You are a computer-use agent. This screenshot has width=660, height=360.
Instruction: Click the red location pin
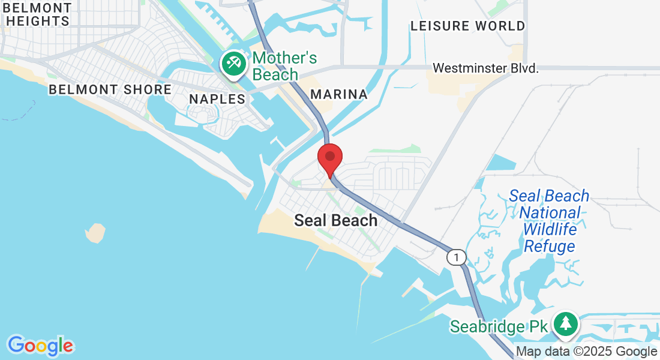pyautogui.click(x=329, y=158)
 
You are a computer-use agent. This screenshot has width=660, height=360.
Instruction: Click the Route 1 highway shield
pyautogui.click(x=456, y=257)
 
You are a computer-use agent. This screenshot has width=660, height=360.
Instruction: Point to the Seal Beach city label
pyautogui.click(x=335, y=221)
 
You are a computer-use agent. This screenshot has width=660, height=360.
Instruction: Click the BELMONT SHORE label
pyautogui.click(x=110, y=90)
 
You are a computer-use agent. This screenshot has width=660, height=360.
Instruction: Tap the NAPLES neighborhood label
pyautogui.click(x=217, y=99)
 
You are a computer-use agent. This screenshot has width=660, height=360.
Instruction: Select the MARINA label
pyautogui.click(x=339, y=94)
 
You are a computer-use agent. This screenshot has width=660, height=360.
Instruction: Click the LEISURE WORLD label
pyautogui.click(x=467, y=26)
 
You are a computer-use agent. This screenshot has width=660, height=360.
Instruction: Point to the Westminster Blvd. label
pyautogui.click(x=485, y=68)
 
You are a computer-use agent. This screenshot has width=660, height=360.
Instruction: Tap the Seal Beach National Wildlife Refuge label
pyautogui.click(x=549, y=221)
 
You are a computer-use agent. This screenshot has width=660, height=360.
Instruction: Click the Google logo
pyautogui.click(x=40, y=346)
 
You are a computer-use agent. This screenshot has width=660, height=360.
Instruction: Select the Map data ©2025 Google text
pyautogui.click(x=586, y=352)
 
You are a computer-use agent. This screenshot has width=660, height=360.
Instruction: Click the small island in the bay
pyautogui.click(x=95, y=233)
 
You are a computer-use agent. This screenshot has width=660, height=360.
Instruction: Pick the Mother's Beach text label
pyautogui.click(x=284, y=66)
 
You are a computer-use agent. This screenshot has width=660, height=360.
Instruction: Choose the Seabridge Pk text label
pyautogui.click(x=499, y=326)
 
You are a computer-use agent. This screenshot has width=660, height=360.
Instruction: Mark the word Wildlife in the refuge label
pyautogui.click(x=550, y=229)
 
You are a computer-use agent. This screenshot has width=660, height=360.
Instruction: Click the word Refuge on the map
pyautogui.click(x=549, y=246)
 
